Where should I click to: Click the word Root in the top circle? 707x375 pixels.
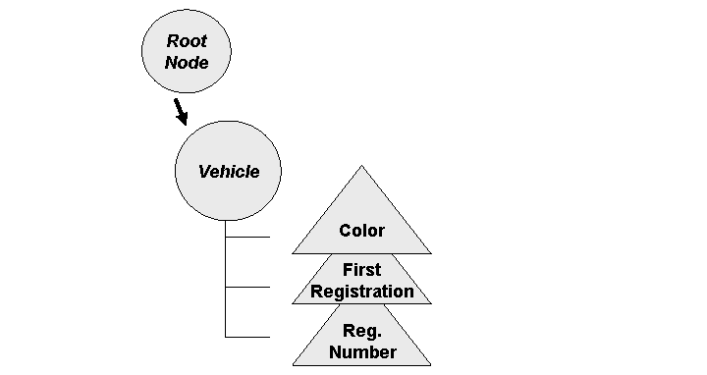pos(187,41)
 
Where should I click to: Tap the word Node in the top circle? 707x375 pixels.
pos(187,63)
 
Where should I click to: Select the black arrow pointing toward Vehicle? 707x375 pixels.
pos(180,111)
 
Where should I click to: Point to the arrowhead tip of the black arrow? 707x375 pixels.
pos(185,125)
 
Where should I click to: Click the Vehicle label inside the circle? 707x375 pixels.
pos(229,172)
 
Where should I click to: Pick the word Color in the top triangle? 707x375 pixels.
pos(361,231)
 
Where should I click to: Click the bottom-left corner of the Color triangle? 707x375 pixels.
pos(293,253)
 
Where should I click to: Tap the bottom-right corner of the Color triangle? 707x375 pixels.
pos(430,253)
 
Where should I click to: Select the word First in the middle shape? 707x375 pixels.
pos(361,270)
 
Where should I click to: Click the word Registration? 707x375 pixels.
pos(361,291)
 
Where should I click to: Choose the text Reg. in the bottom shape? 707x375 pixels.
pos(361,331)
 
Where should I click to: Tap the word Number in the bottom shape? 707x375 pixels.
pos(361,351)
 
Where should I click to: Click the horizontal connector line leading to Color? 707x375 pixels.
pos(247,237)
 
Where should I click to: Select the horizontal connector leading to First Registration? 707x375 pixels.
pos(247,287)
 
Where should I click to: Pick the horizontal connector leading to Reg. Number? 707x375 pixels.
pos(247,337)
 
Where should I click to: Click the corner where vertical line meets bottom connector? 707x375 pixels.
pos(226,337)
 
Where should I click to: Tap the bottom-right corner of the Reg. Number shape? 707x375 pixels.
pos(430,365)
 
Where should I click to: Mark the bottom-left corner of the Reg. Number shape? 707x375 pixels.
pos(293,365)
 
